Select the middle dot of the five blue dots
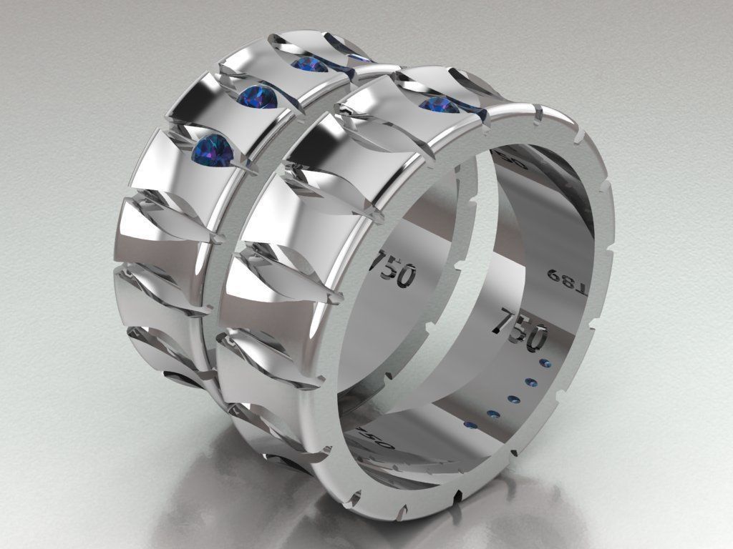513,397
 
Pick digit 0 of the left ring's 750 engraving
407,276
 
